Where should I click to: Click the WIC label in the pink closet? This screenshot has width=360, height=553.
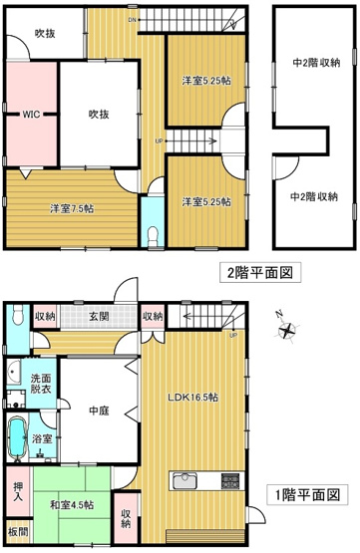(30, 114)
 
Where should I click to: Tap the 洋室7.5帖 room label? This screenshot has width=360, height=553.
(73, 208)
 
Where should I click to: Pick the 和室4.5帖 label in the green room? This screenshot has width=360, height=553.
(73, 505)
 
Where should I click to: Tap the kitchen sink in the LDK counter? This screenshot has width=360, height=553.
(187, 482)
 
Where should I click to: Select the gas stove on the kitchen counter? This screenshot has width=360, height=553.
(228, 482)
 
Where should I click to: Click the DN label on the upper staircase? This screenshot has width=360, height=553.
(133, 18)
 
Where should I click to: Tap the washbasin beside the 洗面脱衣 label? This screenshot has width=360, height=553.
(14, 375)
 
